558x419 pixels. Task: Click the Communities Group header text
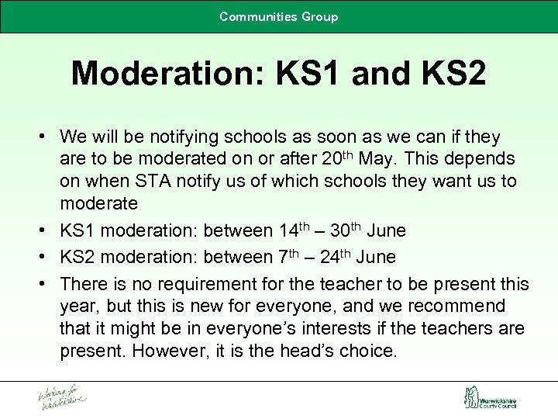pos(278,16)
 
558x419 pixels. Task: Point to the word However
pos(169,351)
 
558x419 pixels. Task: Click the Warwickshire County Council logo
pos(490,399)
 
